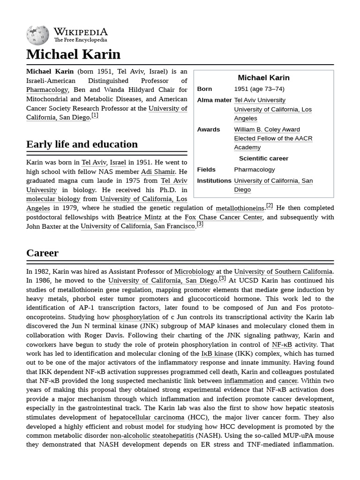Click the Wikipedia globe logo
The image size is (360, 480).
tap(37, 35)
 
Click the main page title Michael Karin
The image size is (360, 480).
tap(73, 54)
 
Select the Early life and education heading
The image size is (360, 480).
tap(82, 144)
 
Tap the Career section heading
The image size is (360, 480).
tap(42, 253)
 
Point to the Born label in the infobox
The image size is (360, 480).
tap(204, 89)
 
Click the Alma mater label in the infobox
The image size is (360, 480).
tap(214, 100)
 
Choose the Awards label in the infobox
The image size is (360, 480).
tap(209, 129)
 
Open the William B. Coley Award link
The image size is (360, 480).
tap(267, 129)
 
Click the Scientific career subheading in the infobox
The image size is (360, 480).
tap(263, 158)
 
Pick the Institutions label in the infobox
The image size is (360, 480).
tap(214, 180)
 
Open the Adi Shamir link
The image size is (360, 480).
tap(158, 172)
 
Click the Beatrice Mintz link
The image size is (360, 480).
tap(139, 217)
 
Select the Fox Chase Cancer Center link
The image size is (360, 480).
tap(224, 217)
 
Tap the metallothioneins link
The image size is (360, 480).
tap(240, 208)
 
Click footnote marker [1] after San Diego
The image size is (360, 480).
tap(95, 115)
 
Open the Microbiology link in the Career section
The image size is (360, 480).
tap(194, 271)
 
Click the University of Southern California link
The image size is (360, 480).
tap(283, 271)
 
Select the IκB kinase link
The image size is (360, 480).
tap(217, 353)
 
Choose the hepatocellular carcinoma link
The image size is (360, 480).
tap(147, 417)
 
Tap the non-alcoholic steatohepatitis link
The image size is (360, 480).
tap(152, 435)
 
